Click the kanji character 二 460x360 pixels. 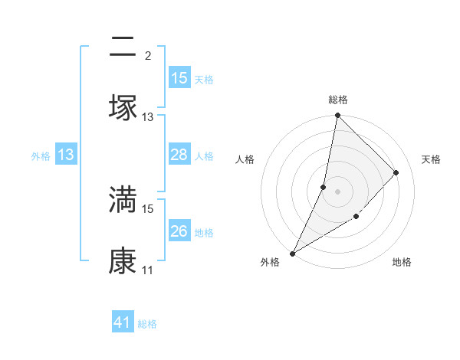[123, 48]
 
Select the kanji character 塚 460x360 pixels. [123, 106]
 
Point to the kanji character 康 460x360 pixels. [123, 261]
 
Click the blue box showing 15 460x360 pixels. [179, 78]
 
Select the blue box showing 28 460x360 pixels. [179, 155]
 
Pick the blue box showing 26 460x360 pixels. [179, 231]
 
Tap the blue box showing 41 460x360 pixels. [123, 322]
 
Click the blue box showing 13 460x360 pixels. [66, 155]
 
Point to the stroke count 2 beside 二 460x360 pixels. [148, 56]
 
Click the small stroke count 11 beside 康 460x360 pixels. [148, 270]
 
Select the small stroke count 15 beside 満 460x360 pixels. [148, 208]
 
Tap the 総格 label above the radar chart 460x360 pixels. [338, 100]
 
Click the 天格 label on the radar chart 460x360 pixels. [432, 159]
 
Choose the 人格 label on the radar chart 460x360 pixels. [245, 159]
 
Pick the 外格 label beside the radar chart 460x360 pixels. [270, 263]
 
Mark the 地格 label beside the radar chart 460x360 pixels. [402, 263]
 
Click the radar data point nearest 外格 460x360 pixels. [292, 253]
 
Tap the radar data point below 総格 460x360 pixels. [337, 116]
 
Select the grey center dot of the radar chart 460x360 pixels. [337, 191]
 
